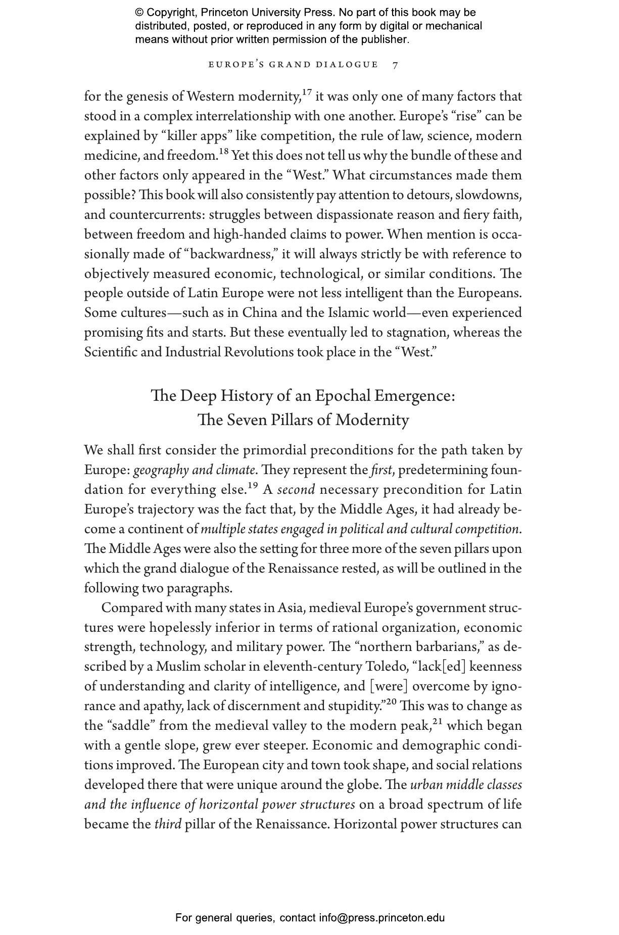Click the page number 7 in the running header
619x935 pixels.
[395, 65]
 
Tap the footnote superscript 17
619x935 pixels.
[307, 92]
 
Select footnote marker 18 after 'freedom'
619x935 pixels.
[224, 152]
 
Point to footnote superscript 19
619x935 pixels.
[253, 486]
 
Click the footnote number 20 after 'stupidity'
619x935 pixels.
[391, 702]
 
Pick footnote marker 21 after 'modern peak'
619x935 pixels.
[438, 721]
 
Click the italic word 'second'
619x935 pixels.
[296, 490]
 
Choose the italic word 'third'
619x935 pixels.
[167, 824]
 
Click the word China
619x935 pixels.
[260, 313]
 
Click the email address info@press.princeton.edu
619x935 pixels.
[382, 918]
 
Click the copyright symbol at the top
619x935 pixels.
[139, 13]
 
